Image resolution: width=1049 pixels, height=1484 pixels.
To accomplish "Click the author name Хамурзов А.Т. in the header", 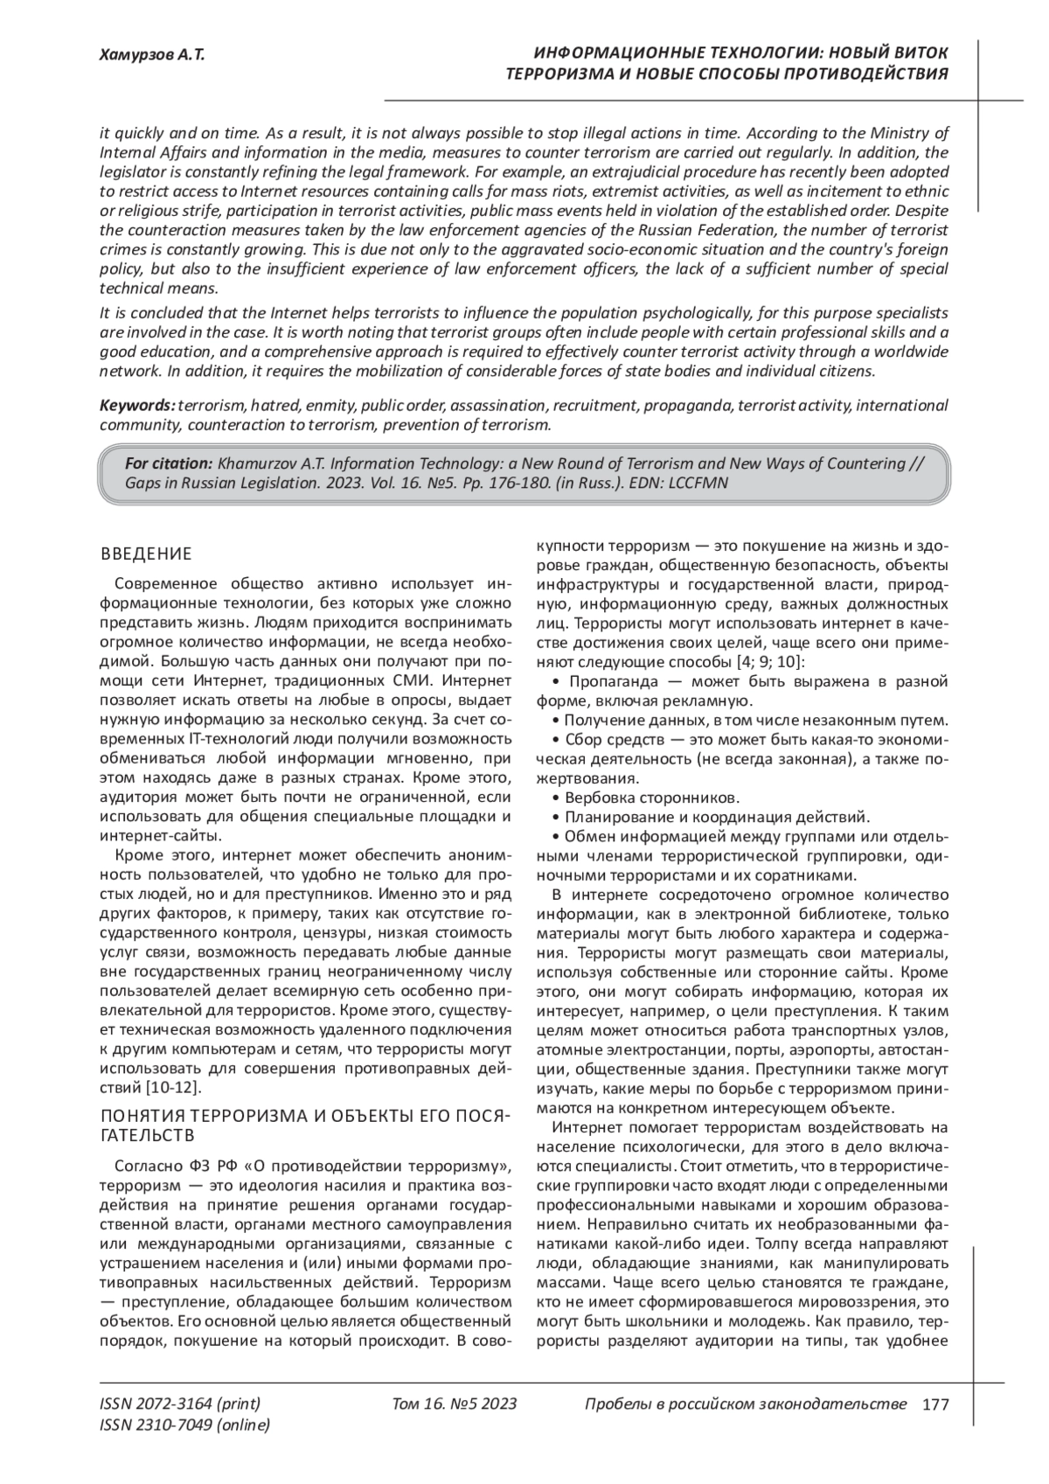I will point(152,55).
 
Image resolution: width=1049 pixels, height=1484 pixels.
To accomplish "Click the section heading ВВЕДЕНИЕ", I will point(146,554).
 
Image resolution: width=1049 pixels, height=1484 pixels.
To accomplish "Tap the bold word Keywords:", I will point(137,406).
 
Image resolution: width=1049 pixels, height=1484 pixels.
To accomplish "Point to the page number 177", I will point(935,1404).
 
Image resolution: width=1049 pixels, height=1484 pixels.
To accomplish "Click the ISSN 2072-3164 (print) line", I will point(180,1404).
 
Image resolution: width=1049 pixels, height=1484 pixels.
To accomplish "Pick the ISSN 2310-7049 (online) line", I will point(184,1425).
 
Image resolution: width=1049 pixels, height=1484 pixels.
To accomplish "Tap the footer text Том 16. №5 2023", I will point(455,1404).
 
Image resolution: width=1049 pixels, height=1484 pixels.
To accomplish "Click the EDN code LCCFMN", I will point(699,482).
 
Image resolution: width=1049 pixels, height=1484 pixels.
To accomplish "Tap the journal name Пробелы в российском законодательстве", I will point(744,1404).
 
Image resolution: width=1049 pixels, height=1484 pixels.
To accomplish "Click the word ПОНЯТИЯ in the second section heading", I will point(142,1117).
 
